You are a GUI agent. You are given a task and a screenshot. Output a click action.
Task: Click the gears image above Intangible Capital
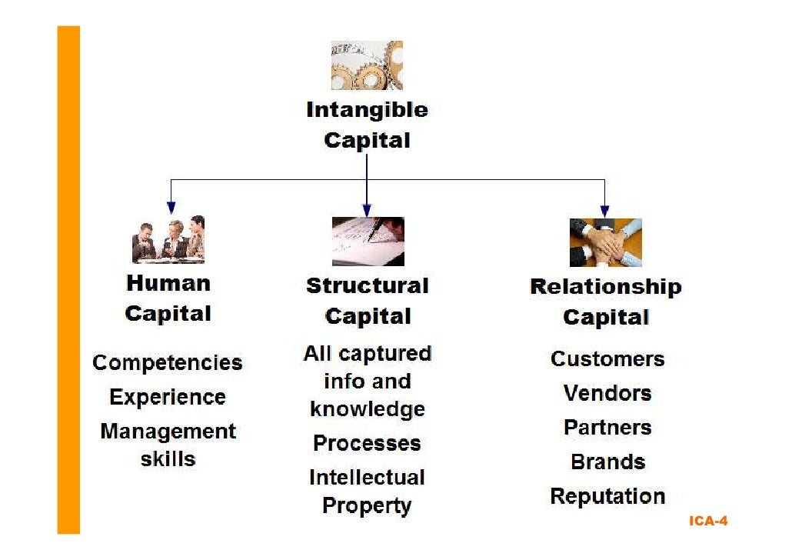pyautogui.click(x=367, y=65)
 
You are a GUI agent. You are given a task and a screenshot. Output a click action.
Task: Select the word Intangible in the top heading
pyautogui.click(x=367, y=110)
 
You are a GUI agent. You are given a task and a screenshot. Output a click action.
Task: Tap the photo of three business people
pyautogui.click(x=168, y=239)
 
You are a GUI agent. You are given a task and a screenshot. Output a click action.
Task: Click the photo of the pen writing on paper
pyautogui.click(x=368, y=241)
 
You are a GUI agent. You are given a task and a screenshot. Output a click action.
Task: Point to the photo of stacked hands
pyautogui.click(x=605, y=242)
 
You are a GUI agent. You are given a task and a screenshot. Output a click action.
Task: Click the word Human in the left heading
pyautogui.click(x=168, y=283)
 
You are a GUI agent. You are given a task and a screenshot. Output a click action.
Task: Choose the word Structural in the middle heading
pyautogui.click(x=367, y=286)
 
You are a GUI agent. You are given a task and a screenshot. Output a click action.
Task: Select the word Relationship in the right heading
pyautogui.click(x=605, y=288)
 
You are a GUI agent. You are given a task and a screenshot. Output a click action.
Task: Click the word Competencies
pyautogui.click(x=167, y=363)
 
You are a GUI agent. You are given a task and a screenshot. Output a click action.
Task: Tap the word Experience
pyautogui.click(x=168, y=398)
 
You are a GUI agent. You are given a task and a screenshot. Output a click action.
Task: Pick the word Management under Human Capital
pyautogui.click(x=168, y=432)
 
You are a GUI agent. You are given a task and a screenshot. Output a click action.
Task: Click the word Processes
pyautogui.click(x=367, y=444)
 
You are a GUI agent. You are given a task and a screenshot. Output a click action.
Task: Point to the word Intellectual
pyautogui.click(x=367, y=478)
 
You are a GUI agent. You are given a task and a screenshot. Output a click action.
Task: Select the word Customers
pyautogui.click(x=607, y=359)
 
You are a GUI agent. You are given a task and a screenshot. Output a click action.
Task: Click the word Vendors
pyautogui.click(x=607, y=394)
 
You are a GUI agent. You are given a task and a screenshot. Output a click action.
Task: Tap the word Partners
pyautogui.click(x=607, y=428)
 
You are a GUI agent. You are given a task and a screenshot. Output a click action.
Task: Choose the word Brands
pyautogui.click(x=607, y=462)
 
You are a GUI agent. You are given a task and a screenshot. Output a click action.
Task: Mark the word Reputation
pyautogui.click(x=607, y=497)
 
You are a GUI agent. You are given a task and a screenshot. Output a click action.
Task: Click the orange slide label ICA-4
pyautogui.click(x=707, y=522)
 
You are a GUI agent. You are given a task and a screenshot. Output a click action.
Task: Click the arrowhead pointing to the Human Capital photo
pyautogui.click(x=171, y=207)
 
